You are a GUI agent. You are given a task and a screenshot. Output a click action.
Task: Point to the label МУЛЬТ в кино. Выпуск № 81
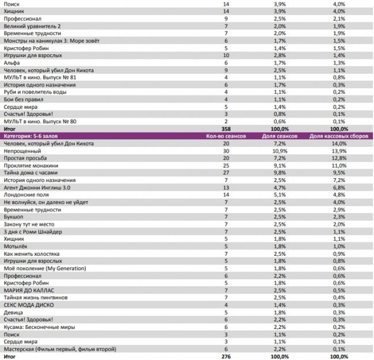coord(40,78)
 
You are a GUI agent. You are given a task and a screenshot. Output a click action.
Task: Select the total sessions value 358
coord(227,128)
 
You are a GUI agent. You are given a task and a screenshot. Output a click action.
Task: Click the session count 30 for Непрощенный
coord(227,151)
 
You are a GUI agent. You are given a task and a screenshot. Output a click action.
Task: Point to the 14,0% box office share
coord(338,143)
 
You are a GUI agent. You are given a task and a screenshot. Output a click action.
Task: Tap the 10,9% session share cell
coord(279,151)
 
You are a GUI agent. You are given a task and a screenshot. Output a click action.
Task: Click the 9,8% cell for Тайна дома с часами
coord(279,173)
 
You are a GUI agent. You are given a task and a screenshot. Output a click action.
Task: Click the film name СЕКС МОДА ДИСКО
coord(30,305)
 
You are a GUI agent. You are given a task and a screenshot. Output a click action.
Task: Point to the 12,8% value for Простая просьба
coord(338,158)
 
